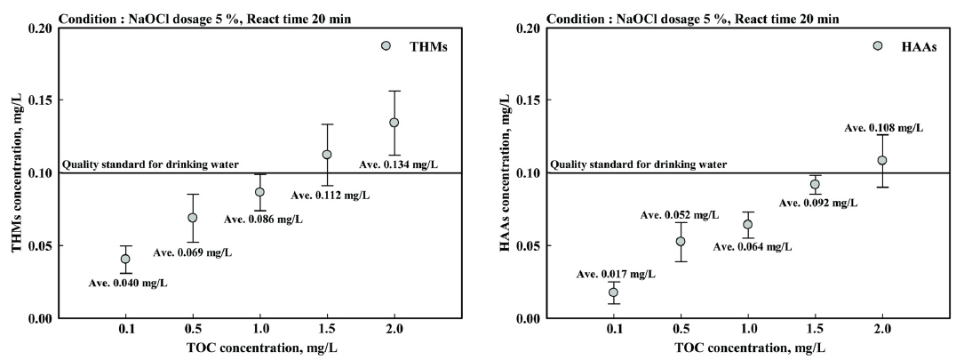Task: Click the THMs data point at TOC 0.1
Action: tap(125, 260)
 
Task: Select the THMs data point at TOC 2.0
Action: tap(394, 123)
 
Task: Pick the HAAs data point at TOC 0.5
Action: tap(681, 241)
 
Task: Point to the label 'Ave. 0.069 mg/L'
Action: tap(192, 252)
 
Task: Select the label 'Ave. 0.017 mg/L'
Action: tap(615, 274)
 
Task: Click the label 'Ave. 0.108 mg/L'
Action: tap(883, 128)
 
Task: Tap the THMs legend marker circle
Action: tap(386, 46)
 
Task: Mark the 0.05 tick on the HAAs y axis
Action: tap(530, 245)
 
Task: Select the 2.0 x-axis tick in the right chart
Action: tap(881, 330)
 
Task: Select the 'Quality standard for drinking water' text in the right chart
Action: tap(638, 164)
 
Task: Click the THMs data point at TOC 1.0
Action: tap(259, 192)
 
